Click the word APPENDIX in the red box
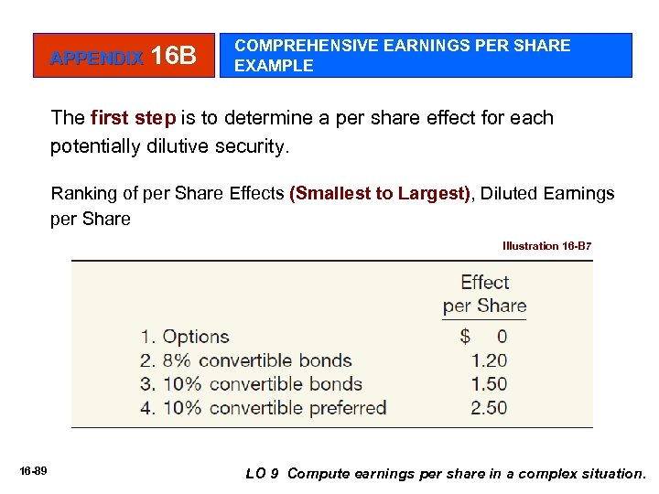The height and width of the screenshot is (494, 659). [97, 59]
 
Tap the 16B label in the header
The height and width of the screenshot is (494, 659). [174, 57]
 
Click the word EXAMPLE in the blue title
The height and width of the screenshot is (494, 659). [274, 66]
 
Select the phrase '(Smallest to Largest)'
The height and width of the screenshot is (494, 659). [379, 193]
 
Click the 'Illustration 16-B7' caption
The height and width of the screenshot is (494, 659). [546, 245]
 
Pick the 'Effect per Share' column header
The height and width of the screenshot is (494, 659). [484, 294]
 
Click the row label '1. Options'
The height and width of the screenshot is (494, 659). [185, 337]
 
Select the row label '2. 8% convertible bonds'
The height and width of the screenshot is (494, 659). [246, 360]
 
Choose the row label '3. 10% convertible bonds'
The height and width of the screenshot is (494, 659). [252, 384]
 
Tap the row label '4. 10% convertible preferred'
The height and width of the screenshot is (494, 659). [264, 408]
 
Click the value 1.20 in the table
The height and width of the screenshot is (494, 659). [489, 360]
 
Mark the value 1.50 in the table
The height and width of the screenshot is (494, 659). [489, 384]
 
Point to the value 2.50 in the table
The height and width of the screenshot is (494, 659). [489, 408]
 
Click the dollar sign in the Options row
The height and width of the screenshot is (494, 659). [466, 337]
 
